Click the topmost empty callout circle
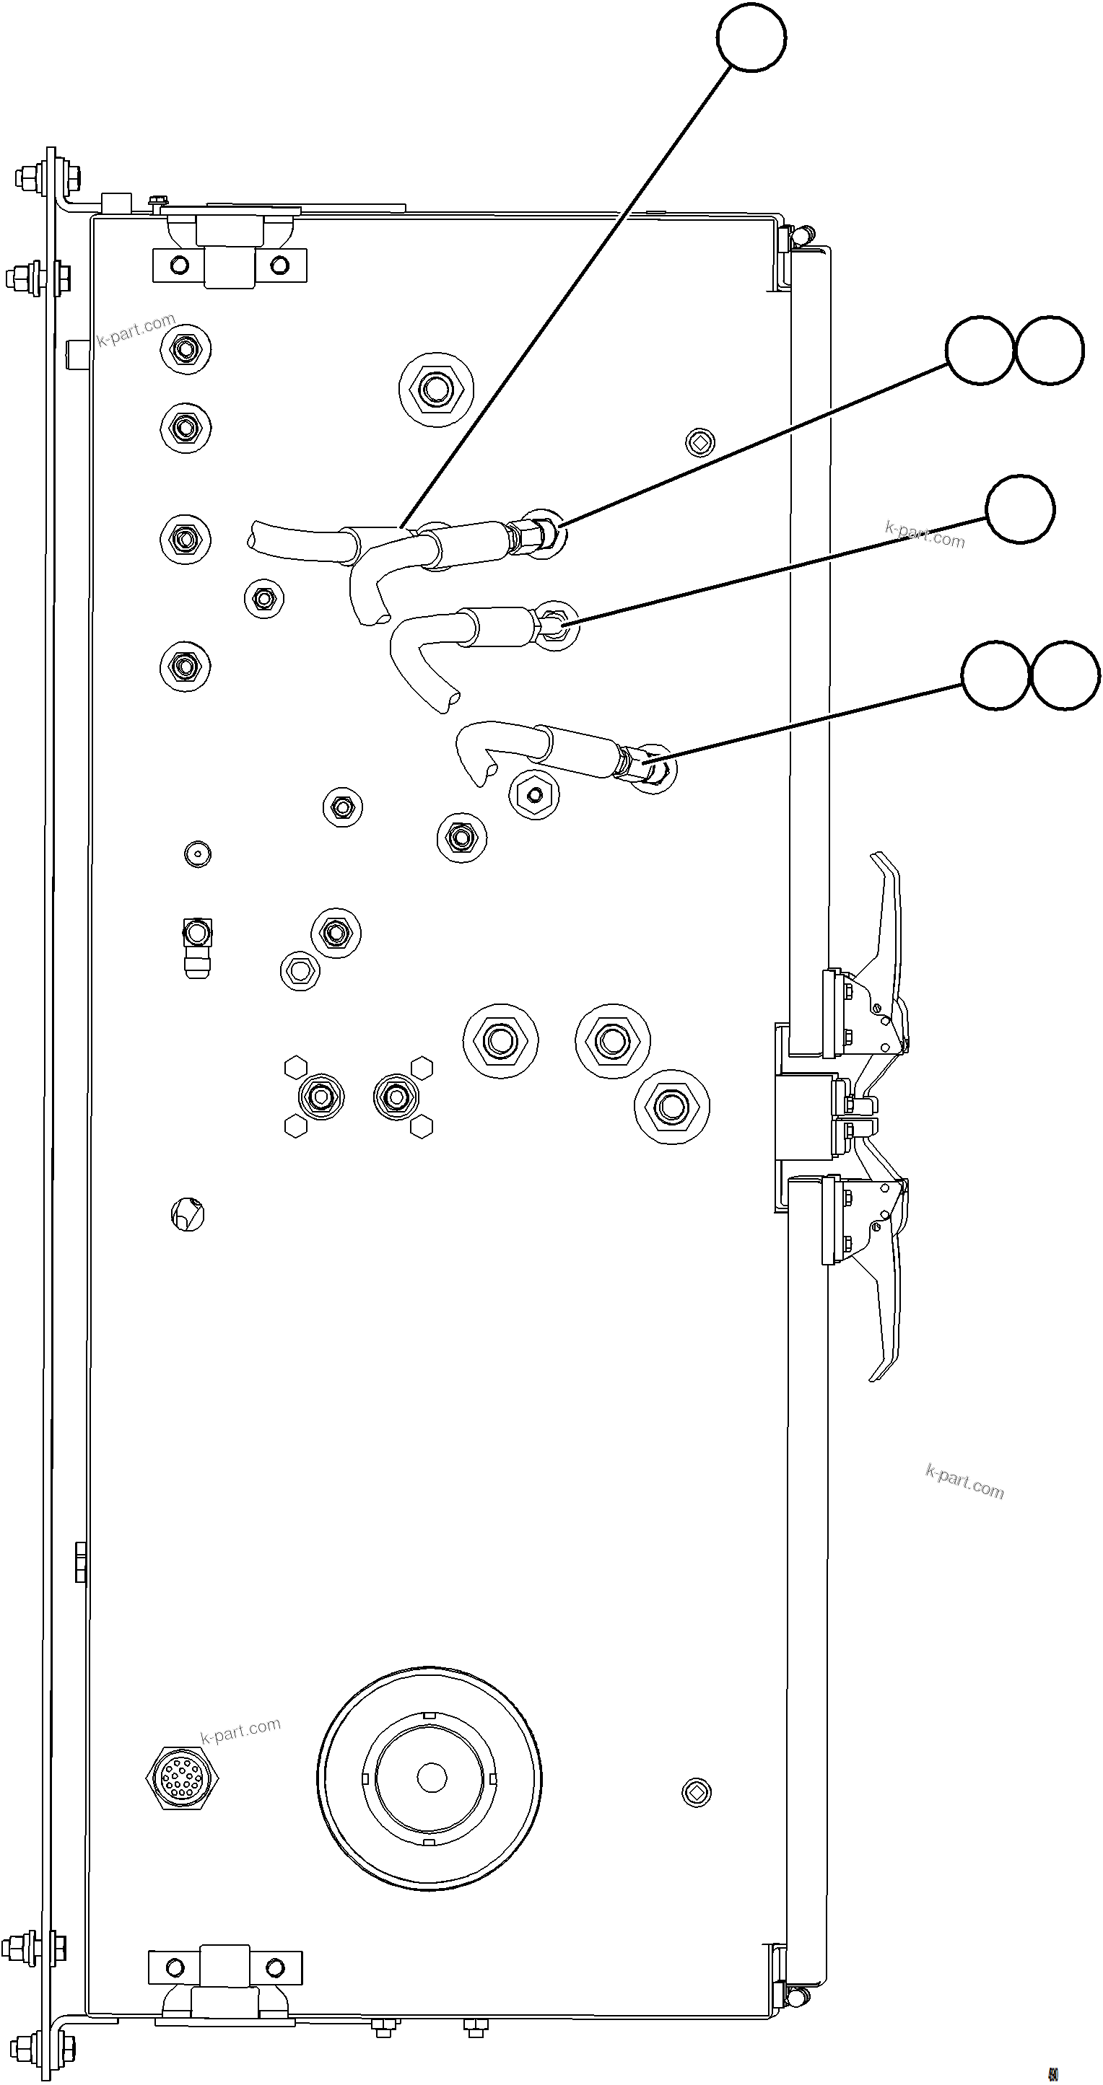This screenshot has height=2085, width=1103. pos(751,38)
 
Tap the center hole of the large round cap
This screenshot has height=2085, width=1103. pos(431,1777)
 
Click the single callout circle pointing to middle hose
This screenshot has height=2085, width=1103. pos(1019,509)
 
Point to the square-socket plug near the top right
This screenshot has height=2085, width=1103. pos(698,442)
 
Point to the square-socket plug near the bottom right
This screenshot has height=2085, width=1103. pos(697,1793)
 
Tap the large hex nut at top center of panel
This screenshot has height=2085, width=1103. pos(436,390)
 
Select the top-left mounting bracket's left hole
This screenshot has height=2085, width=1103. pos(180,265)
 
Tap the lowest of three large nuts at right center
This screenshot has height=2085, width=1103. pos(671,1107)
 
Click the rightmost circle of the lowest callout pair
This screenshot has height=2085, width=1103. pos(1065,675)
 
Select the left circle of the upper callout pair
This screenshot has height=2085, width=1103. pos(979,350)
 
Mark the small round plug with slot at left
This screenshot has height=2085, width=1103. pos(188,1214)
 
